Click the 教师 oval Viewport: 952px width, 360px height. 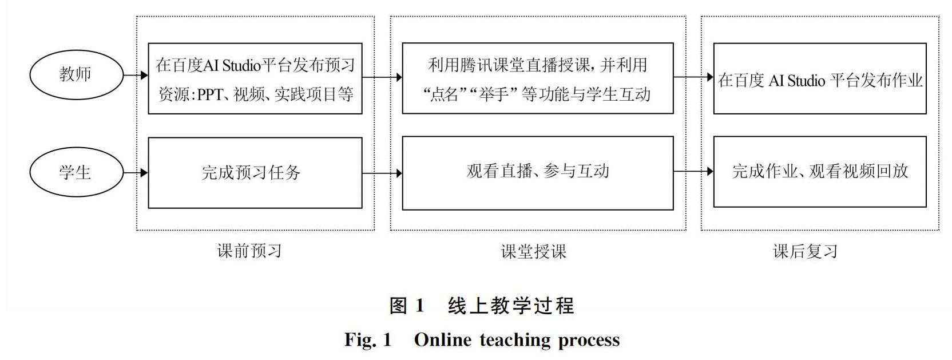tap(76, 74)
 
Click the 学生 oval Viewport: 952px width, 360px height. tap(76, 172)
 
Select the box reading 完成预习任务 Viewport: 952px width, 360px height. tap(255, 172)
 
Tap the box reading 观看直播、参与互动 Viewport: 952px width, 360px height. tap(537, 172)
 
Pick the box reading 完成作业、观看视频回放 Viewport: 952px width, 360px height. tap(819, 172)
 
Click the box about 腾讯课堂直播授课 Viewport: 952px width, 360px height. tap(537, 78)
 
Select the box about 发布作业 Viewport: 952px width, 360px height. tap(819, 79)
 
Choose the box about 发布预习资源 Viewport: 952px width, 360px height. tap(255, 78)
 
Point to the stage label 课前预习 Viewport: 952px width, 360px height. tap(249, 251)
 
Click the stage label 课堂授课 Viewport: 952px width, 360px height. tap(533, 251)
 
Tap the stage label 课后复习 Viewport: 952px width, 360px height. tap(805, 251)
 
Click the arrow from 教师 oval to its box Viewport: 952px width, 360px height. tap(136, 75)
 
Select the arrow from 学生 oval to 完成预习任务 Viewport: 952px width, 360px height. tap(136, 172)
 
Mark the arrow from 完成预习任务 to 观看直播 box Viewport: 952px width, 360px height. tap(382, 172)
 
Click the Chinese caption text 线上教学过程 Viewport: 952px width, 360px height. tap(511, 306)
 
